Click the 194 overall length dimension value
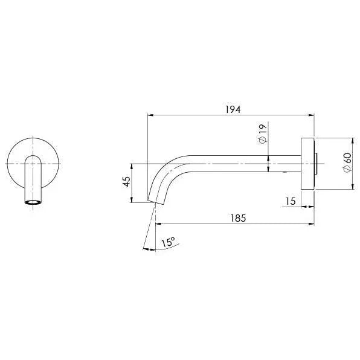(x=233, y=109)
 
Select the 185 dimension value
(x=238, y=218)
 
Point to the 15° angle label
(x=168, y=242)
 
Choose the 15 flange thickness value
(x=291, y=201)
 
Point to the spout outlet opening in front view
(x=33, y=202)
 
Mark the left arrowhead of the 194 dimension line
(x=150, y=115)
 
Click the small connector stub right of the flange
(x=317, y=163)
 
